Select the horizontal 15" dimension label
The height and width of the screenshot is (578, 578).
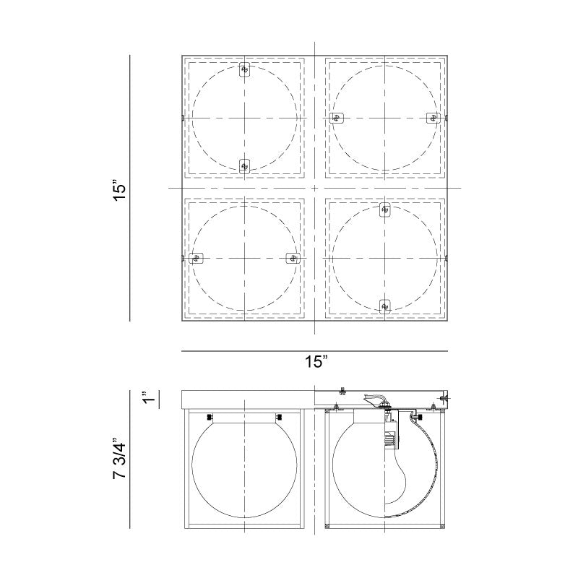[x=316, y=362]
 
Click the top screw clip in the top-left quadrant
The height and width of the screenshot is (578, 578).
[x=244, y=70]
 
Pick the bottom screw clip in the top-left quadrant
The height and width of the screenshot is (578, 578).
[x=244, y=165]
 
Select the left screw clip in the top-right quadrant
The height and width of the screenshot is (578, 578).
[x=336, y=118]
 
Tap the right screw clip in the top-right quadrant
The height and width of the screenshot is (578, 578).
[x=433, y=118]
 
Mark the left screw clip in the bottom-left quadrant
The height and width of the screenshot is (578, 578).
[x=195, y=258]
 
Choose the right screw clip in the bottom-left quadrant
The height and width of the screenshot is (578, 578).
[x=292, y=258]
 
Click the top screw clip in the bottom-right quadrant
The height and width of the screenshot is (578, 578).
[x=385, y=210]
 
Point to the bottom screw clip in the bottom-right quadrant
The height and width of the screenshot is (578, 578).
[x=385, y=306]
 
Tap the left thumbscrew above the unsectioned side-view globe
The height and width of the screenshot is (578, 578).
[x=210, y=417]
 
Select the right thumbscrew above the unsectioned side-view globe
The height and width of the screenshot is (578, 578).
[x=278, y=417]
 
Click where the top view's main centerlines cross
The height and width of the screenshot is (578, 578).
[x=315, y=188]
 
